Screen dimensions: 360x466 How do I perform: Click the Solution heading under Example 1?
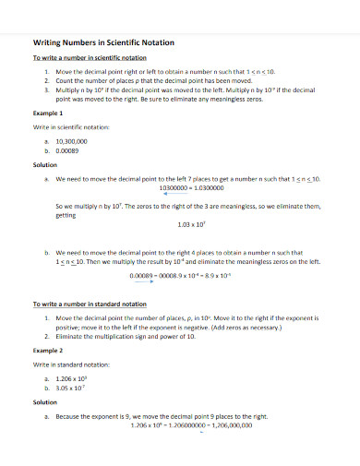pos(45,166)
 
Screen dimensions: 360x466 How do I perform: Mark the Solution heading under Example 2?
pos(45,403)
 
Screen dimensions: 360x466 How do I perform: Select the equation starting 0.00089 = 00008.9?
pos(181,274)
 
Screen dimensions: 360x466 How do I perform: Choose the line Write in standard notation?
pos(69,365)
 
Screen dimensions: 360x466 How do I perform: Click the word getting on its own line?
pos(66,213)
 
